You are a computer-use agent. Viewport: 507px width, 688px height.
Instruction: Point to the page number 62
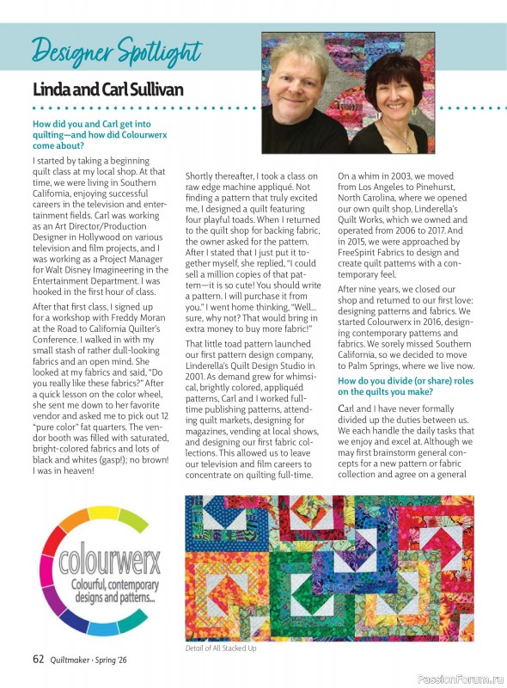point(39,659)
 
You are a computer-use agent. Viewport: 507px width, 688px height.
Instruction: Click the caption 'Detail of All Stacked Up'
point(221,648)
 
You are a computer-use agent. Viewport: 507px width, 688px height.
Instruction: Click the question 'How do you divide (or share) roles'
point(403,380)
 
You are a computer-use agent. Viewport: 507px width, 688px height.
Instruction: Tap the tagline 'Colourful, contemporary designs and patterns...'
point(110,592)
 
